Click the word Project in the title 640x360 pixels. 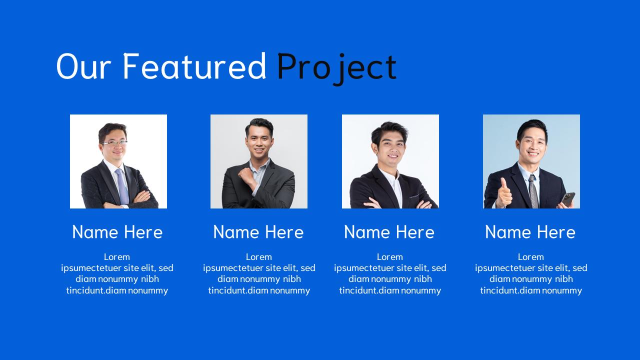click(336, 67)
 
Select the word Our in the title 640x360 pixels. click(83, 67)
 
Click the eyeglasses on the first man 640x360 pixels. click(114, 143)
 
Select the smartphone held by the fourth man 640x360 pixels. click(568, 198)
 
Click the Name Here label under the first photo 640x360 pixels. click(117, 232)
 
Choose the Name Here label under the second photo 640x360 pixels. click(258, 232)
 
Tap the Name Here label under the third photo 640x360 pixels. click(389, 232)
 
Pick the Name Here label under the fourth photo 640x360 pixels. click(530, 232)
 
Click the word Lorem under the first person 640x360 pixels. click(117, 257)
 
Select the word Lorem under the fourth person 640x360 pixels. click(531, 257)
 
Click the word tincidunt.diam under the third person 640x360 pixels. click(369, 290)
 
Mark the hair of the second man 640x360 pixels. click(259, 125)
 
